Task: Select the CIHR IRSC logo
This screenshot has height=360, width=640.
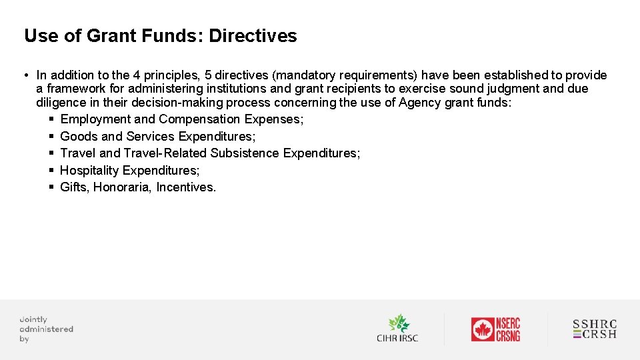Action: coord(397,328)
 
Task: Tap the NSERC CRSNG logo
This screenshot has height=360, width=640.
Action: coord(495,329)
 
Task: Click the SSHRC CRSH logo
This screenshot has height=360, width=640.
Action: coord(595,329)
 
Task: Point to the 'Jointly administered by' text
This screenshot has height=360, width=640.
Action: coord(45,329)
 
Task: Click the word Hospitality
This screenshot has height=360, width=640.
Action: coord(90,171)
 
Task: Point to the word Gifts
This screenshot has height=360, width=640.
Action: coord(74,187)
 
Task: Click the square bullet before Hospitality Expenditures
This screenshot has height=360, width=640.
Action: coord(51,171)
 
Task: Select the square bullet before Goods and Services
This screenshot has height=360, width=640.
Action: coord(51,137)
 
